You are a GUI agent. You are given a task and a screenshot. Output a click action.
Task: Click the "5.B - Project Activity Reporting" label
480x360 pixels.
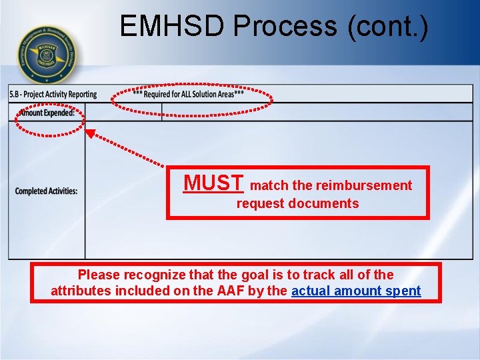click(x=53, y=95)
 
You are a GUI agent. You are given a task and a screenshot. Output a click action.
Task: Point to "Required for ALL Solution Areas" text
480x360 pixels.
click(x=189, y=95)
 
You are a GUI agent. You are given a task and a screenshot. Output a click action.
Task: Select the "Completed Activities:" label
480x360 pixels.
click(x=46, y=191)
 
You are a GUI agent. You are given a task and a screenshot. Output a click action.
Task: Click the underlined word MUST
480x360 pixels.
click(x=214, y=183)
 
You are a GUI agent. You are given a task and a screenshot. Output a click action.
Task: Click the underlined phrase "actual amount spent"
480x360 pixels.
click(x=356, y=291)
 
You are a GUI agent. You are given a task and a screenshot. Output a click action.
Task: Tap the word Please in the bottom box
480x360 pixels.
click(x=98, y=275)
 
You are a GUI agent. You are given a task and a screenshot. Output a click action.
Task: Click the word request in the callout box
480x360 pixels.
click(x=261, y=203)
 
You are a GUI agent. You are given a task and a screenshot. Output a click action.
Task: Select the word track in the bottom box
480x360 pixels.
click(x=323, y=275)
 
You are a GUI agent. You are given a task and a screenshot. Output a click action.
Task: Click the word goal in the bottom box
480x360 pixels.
click(x=247, y=275)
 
